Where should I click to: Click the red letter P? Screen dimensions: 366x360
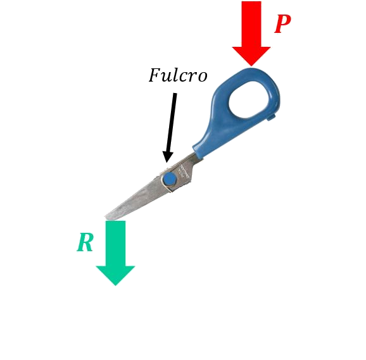pyautogui.click(x=282, y=24)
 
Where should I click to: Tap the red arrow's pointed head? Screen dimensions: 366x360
pyautogui.click(x=251, y=56)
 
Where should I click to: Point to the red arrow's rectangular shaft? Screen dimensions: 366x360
pyautogui.click(x=251, y=24)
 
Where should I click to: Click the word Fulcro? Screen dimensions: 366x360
pyautogui.click(x=178, y=75)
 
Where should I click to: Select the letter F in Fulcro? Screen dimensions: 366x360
pyautogui.click(x=155, y=75)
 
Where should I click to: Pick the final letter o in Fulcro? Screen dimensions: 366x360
pyautogui.click(x=201, y=77)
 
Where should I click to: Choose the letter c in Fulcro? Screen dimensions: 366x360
pyautogui.click(x=185, y=77)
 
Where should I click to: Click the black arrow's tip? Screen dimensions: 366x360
pyautogui.click(x=167, y=162)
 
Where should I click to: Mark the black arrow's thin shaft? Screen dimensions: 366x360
pyautogui.click(x=172, y=123)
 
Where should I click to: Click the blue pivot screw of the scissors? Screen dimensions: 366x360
pyautogui.click(x=170, y=179)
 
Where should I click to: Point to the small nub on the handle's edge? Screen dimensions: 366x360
pyautogui.click(x=272, y=116)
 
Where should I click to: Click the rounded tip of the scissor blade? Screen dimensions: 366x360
pyautogui.click(x=108, y=217)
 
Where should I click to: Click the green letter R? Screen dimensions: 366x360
pyautogui.click(x=85, y=242)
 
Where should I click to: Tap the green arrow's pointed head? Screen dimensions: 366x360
pyautogui.click(x=115, y=276)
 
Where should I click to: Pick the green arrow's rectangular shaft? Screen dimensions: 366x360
pyautogui.click(x=115, y=243)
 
